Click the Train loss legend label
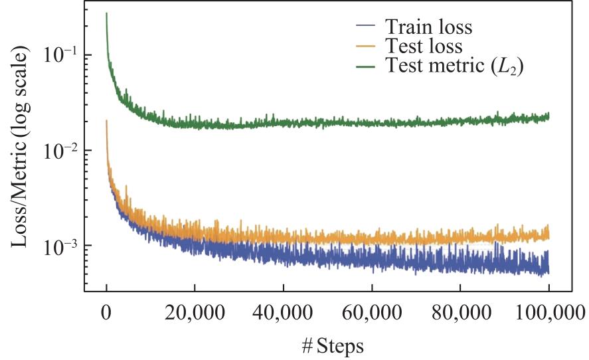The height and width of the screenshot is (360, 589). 428,27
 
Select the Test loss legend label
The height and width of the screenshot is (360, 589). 424,46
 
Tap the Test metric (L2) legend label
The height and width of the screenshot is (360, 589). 454,65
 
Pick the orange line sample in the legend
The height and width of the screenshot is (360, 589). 365,45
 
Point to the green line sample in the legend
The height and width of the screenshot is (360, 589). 365,66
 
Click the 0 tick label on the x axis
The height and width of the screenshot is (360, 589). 107,312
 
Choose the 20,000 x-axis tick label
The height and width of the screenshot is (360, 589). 195,312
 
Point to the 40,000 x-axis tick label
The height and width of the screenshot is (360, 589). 284,312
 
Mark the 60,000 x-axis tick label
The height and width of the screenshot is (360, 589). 372,312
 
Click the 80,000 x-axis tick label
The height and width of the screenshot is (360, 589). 461,312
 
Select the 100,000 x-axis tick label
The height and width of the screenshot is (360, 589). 548,312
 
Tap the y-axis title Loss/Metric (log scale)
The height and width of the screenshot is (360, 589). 19,146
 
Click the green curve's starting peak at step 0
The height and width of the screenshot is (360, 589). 107,13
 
